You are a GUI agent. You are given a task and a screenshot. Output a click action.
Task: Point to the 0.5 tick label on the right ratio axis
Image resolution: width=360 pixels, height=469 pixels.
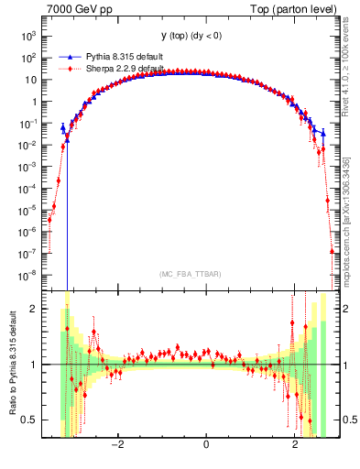(x=350, y=420)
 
